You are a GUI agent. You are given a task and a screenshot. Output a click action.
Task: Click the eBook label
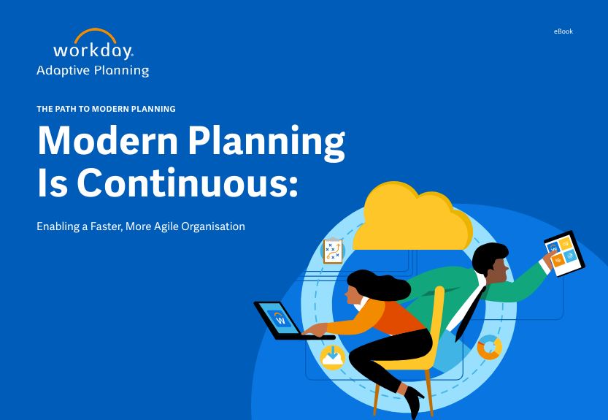pyautogui.click(x=563, y=31)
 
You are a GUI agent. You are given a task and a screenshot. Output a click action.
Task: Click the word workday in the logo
pyautogui.click(x=93, y=51)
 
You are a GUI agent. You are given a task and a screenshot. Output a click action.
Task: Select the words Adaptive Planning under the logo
pyautogui.click(x=93, y=70)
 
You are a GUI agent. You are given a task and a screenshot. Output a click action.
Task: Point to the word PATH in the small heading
pyautogui.click(x=66, y=109)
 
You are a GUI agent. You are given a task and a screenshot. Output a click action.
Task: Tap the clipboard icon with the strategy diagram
pyautogui.click(x=333, y=251)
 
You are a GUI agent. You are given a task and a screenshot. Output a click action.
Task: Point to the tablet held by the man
pyautogui.click(x=564, y=253)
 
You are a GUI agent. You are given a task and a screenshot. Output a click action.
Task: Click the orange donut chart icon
pyautogui.click(x=490, y=347)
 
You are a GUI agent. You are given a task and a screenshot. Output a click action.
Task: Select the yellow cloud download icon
pyautogui.click(x=333, y=357)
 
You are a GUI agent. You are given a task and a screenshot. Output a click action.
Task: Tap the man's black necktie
pyautogui.click(x=469, y=314)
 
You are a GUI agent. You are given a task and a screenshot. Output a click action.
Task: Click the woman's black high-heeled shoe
pyautogui.click(x=413, y=399)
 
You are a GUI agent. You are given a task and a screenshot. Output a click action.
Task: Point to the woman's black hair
pyautogui.click(x=378, y=284)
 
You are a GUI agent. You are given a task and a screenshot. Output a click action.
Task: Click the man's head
pyautogui.click(x=490, y=262)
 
